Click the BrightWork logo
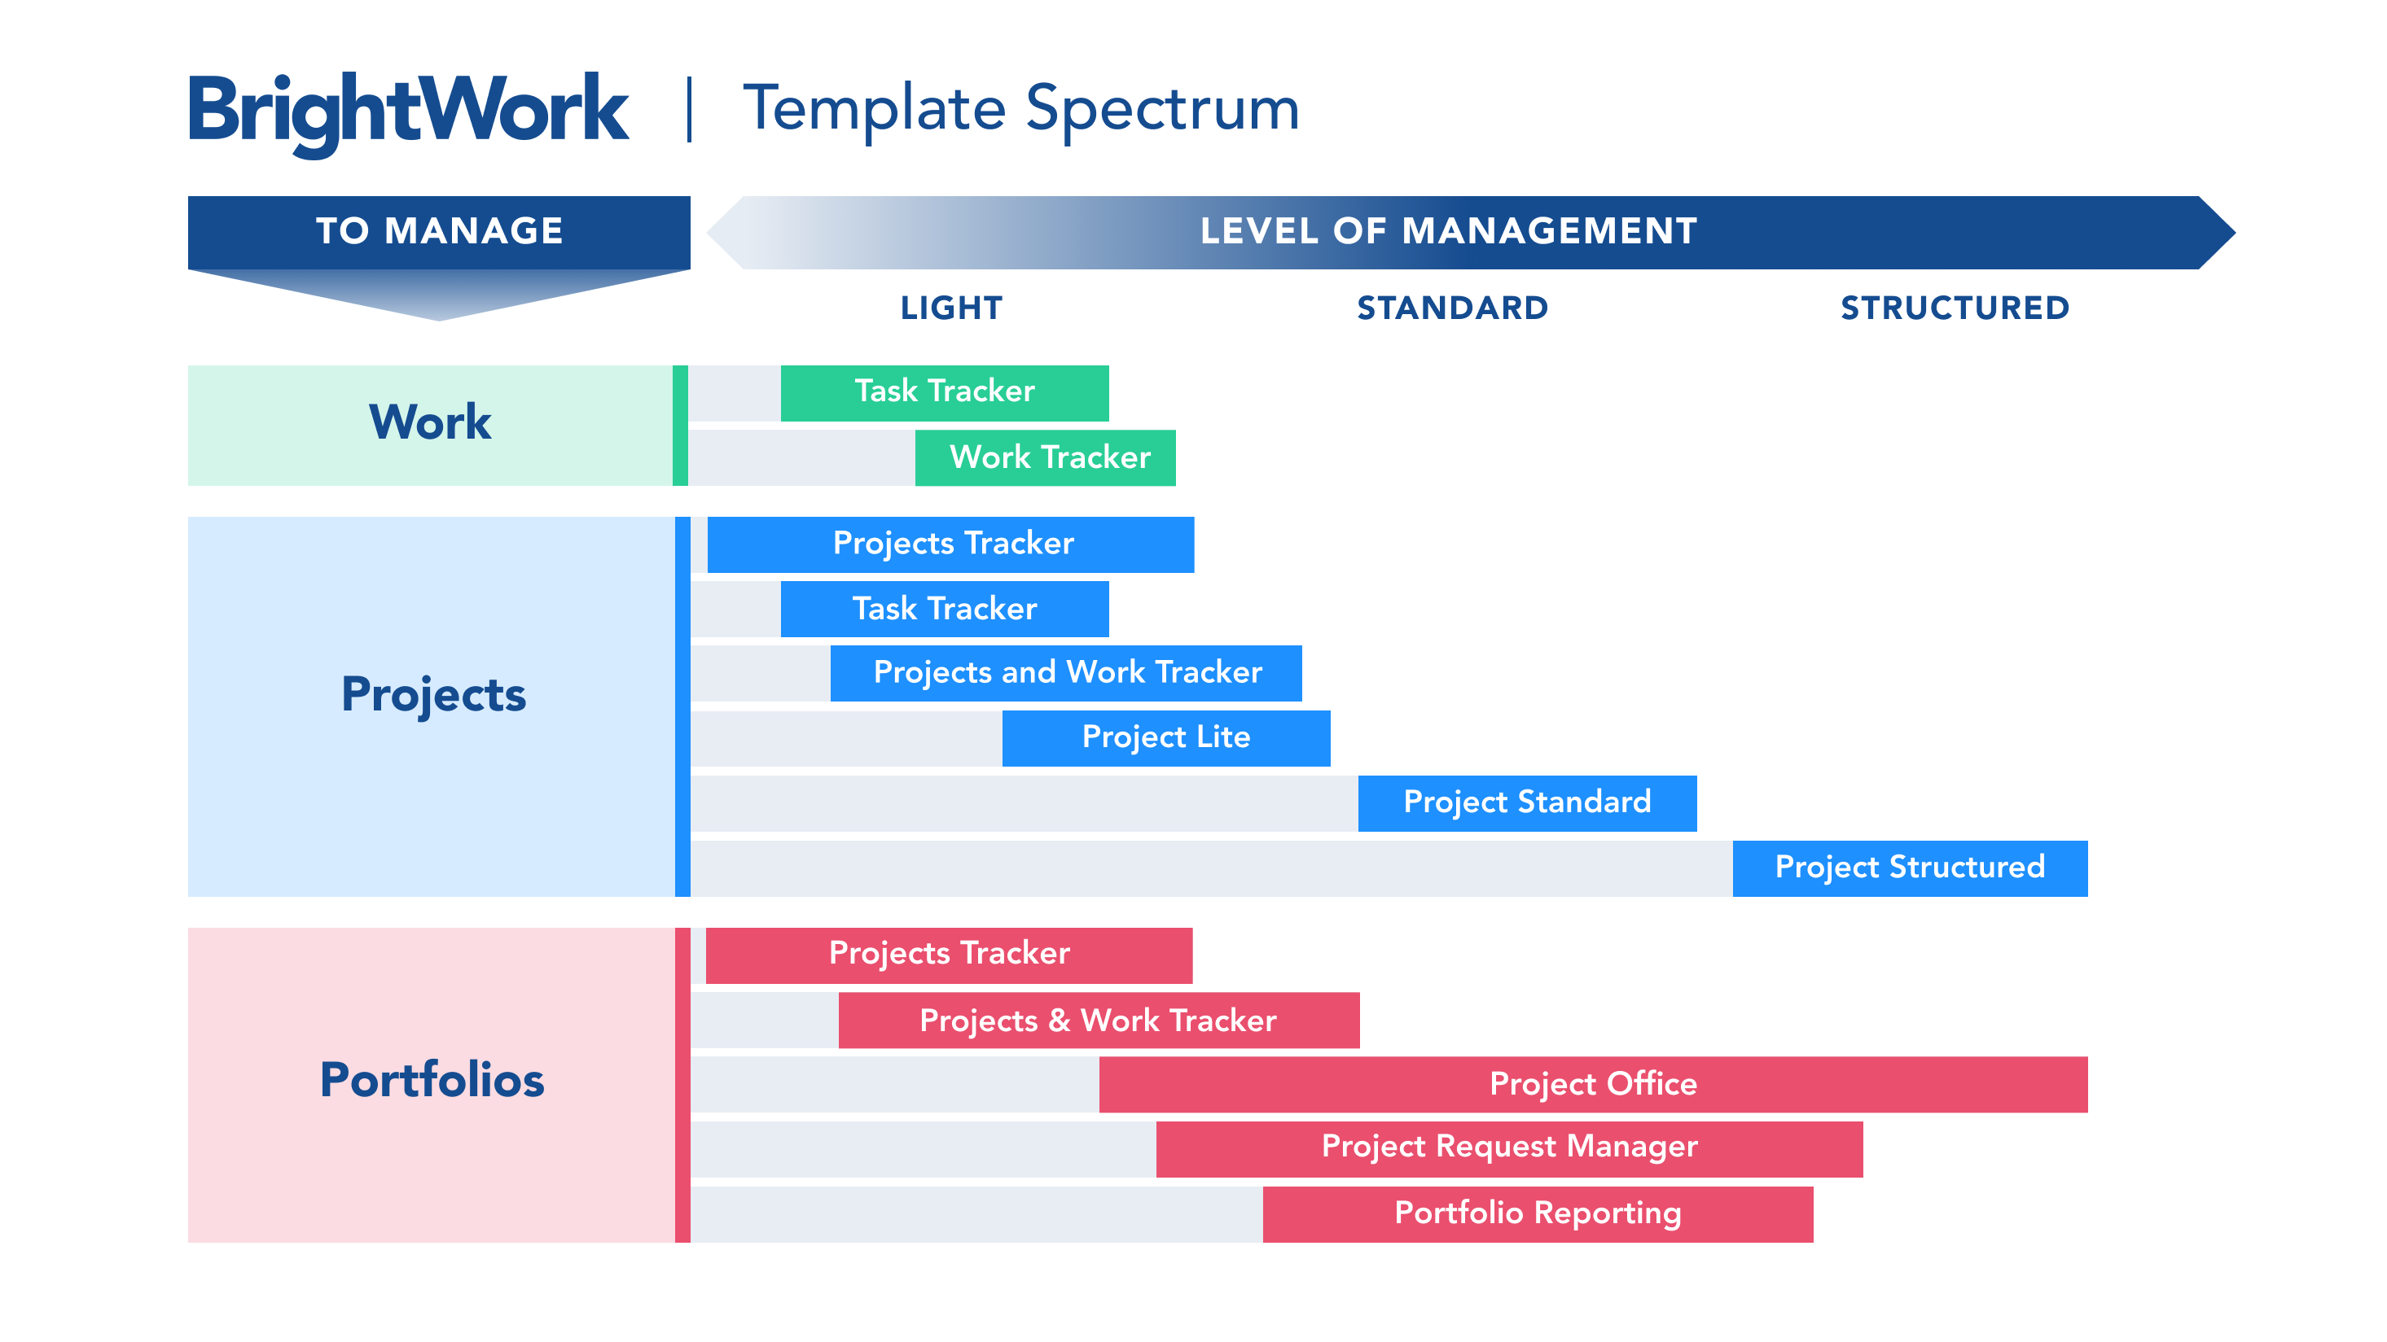click(409, 113)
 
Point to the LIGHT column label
click(952, 308)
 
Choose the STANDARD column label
click(1453, 308)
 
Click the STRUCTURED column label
click(1955, 308)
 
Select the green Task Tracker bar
click(944, 393)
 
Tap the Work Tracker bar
click(1045, 457)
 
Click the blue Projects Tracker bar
click(950, 544)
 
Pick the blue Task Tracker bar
click(944, 610)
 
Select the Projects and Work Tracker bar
click(1065, 673)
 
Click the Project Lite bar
click(1165, 738)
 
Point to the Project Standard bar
click(1527, 803)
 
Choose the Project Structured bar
click(1910, 868)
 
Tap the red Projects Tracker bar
click(949, 955)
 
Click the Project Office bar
click(1593, 1085)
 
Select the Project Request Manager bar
click(1509, 1149)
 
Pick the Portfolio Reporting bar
click(1538, 1214)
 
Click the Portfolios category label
click(432, 1080)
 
